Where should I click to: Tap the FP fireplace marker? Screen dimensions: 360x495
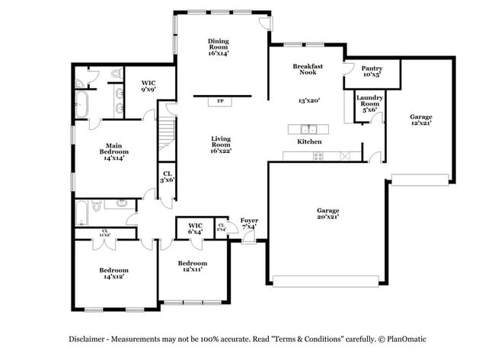221,100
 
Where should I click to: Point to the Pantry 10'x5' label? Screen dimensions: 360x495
372,72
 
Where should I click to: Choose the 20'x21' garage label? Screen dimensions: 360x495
327,214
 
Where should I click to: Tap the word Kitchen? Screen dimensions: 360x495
309,142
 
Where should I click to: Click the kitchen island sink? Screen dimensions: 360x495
309,128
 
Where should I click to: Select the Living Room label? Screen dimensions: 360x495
221,144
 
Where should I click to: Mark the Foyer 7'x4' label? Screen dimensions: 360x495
249,223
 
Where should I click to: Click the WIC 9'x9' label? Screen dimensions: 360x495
149,87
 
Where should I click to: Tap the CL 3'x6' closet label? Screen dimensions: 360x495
168,177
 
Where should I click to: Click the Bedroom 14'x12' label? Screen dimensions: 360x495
113,274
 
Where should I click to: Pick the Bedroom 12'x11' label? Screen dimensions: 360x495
193,267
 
